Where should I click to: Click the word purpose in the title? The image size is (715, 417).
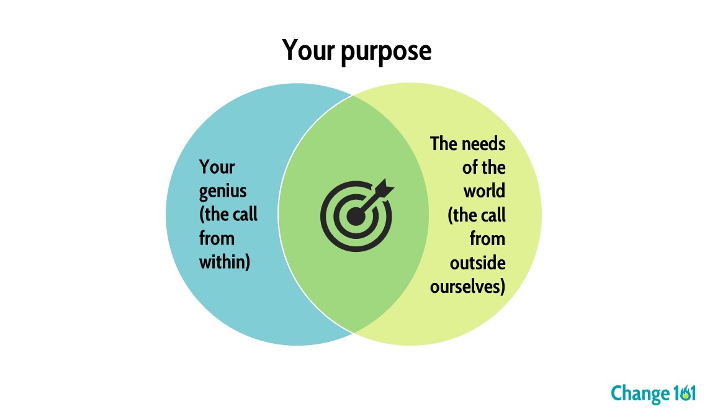coord(386,52)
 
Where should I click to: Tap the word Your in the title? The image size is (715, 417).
coord(309,50)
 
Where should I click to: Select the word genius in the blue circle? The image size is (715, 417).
coord(222,191)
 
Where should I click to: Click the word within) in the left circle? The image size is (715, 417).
coord(224,262)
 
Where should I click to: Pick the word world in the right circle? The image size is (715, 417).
coord(484,191)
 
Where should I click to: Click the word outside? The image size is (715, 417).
coord(477,262)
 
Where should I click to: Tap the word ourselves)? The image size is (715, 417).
coord(467,286)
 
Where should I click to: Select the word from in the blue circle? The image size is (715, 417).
coord(217,238)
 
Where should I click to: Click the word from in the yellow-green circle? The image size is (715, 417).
coord(487,238)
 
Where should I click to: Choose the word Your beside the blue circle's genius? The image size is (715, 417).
coord(217,168)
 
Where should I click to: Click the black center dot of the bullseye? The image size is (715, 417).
coord(356,217)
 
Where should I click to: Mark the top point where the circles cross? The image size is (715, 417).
coord(353,96)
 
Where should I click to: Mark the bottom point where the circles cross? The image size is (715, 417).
coord(353,332)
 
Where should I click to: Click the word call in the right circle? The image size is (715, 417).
coord(492,215)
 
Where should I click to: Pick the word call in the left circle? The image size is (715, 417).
coord(245,215)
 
